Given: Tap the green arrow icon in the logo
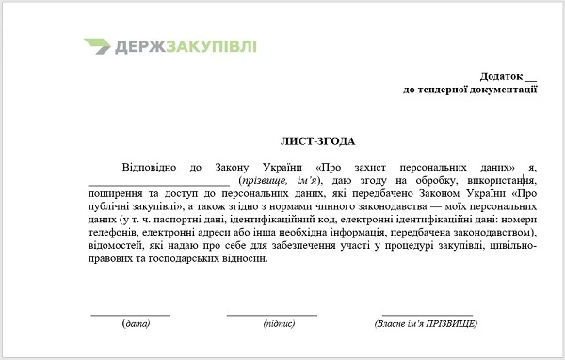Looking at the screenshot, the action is (x=97, y=46).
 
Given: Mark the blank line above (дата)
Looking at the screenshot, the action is (x=130, y=314).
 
